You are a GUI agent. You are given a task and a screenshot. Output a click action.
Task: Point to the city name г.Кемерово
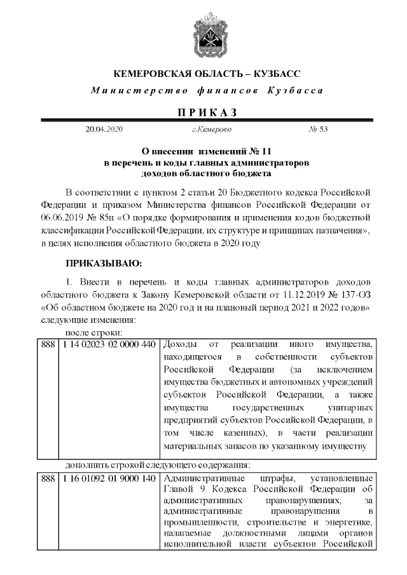(x=211, y=130)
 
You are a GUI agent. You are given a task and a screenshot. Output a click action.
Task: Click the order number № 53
(x=317, y=130)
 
